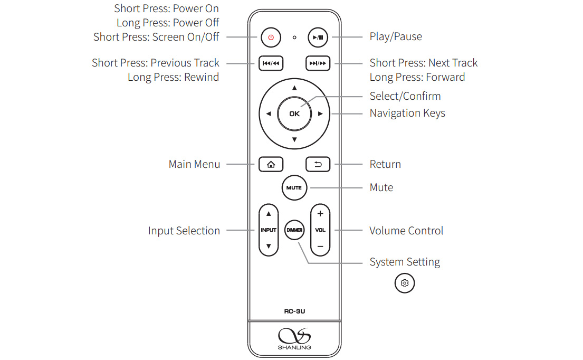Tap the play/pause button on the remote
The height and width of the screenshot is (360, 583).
(x=318, y=37)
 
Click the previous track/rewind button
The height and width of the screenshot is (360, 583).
(x=271, y=63)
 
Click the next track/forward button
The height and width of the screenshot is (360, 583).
(x=318, y=63)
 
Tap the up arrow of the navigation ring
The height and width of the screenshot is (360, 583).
(x=294, y=88)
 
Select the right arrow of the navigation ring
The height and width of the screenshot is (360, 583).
(x=320, y=113)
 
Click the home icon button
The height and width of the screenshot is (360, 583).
(x=271, y=164)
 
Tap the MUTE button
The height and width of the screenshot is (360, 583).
(x=294, y=187)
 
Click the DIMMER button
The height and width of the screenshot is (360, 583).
(x=294, y=230)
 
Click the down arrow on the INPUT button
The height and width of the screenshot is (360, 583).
(x=269, y=246)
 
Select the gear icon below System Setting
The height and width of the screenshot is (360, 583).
(x=405, y=283)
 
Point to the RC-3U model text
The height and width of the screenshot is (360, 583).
(x=294, y=311)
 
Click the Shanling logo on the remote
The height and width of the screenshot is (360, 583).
(x=294, y=337)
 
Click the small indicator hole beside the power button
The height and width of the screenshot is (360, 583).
(x=294, y=37)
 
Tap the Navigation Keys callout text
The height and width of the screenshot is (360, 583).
(x=407, y=113)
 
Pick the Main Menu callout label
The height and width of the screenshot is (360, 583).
(x=194, y=164)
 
